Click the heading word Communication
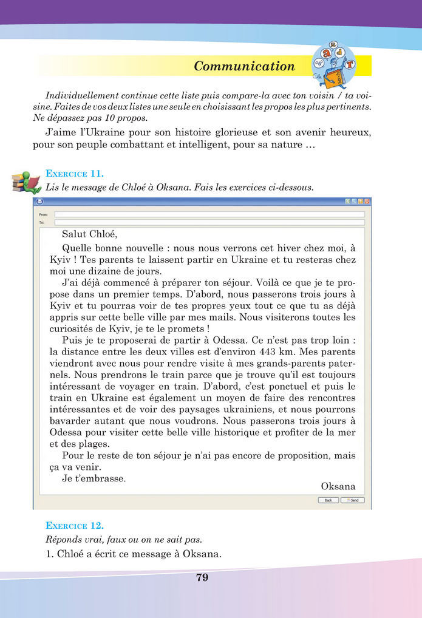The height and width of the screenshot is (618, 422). [x=244, y=67]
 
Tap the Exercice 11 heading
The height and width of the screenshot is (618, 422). [x=75, y=175]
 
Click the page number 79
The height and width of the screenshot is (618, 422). [x=202, y=577]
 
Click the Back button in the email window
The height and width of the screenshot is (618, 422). [x=328, y=500]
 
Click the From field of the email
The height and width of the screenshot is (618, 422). [x=209, y=214]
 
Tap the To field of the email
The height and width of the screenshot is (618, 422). [x=209, y=223]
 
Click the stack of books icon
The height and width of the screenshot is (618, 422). [x=25, y=181]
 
